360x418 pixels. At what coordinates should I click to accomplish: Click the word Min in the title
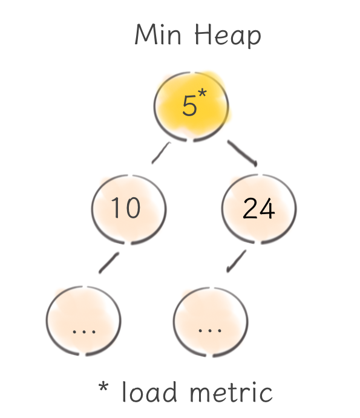158,34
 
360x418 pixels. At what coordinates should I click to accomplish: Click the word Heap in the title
227,36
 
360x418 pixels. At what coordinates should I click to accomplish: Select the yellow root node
191,106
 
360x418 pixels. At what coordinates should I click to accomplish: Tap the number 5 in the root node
189,106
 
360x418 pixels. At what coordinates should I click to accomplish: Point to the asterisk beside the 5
202,93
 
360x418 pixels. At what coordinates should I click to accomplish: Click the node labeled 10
129,209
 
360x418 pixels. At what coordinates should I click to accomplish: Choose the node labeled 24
259,209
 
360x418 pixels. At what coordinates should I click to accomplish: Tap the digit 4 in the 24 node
267,209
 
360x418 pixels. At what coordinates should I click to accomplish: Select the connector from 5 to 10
161,153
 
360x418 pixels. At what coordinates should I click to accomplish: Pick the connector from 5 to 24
242,153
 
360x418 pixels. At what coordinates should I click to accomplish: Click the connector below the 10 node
109,263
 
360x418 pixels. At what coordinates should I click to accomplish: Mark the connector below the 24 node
236,261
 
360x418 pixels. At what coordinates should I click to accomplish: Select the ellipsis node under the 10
83,321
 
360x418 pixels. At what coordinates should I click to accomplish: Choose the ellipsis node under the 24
211,322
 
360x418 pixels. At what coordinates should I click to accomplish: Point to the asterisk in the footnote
103,386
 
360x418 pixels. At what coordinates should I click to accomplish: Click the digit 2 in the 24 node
250,209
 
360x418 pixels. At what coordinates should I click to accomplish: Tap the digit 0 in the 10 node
133,207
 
